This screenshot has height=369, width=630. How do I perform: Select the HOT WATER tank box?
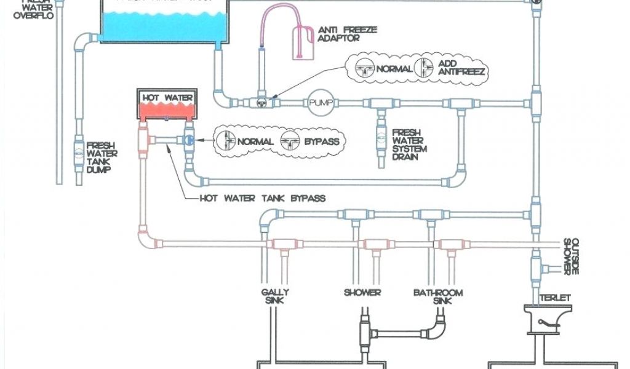tap(168, 105)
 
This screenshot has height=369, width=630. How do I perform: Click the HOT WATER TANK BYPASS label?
tap(263, 199)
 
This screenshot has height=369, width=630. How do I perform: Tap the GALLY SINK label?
tap(274, 297)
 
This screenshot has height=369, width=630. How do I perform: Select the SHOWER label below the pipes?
tap(362, 293)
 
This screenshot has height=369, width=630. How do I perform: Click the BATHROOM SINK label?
tap(437, 297)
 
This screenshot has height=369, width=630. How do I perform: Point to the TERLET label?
tap(556, 298)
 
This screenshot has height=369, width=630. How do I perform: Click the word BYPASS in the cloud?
tap(321, 141)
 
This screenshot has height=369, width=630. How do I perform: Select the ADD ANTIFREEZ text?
tap(461, 68)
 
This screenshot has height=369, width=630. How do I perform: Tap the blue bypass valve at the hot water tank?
tap(187, 140)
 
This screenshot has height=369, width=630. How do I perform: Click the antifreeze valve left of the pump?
tap(261, 102)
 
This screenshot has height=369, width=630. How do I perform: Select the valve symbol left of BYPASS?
tap(289, 141)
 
